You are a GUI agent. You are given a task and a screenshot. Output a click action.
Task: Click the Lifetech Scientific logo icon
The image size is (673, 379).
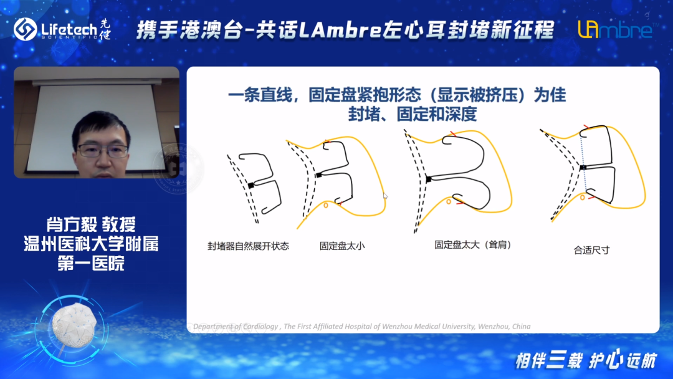point(25,29)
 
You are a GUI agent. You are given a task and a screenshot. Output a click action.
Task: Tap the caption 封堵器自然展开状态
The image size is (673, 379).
point(248,246)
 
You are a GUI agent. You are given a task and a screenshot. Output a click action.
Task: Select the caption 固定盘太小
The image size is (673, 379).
point(342,246)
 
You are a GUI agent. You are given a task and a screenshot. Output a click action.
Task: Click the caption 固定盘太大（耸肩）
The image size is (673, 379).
point(472,245)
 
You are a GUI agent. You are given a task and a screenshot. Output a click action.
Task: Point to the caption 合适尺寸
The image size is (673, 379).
point(591,250)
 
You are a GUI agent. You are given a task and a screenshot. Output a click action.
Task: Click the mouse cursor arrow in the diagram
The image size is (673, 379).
point(386,196)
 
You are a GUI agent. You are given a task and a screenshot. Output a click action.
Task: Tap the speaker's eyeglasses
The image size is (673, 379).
point(103,150)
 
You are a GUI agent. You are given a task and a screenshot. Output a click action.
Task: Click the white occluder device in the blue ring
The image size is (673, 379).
point(74,326)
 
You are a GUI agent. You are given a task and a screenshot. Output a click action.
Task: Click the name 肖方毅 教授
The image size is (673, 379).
point(92,224)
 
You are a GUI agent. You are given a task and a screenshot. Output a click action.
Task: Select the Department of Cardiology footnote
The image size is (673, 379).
point(362,327)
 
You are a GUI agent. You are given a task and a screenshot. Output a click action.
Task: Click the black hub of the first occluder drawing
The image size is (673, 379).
point(251,185)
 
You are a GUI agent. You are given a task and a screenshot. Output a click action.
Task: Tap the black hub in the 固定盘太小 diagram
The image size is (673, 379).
point(318,175)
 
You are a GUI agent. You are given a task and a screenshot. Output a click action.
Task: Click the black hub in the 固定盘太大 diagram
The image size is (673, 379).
point(428,179)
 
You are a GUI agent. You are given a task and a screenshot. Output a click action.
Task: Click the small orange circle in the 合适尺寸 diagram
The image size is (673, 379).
point(583,198)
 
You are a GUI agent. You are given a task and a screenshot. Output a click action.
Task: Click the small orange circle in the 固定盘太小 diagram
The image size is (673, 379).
point(326,206)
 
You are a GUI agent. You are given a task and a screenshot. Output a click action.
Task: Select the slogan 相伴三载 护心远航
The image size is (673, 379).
point(586,360)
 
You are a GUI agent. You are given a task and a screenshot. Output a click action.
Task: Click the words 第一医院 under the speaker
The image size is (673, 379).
point(92,263)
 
